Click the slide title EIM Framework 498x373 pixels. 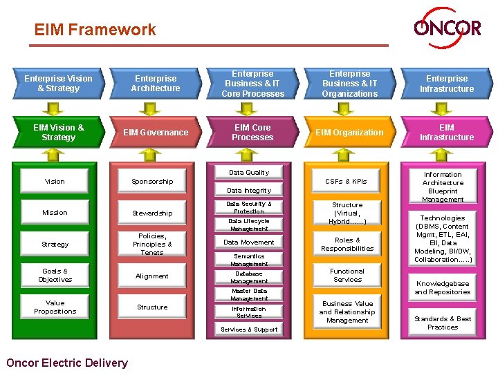point(95,30)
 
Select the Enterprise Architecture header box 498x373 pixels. point(156,84)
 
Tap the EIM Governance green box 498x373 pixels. point(156,133)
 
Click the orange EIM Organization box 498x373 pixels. point(349,133)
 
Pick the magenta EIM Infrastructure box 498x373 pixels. point(447,133)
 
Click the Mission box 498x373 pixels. point(55,213)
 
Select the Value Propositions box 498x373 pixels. point(55,307)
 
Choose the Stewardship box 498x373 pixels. point(152,213)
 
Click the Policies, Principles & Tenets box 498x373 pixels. point(152,244)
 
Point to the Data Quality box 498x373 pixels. point(249,173)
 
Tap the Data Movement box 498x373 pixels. point(249,242)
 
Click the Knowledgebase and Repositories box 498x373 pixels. point(443,287)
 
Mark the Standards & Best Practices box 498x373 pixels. point(443,323)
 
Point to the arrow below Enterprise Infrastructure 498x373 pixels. point(447,108)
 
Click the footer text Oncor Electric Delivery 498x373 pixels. point(66,363)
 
